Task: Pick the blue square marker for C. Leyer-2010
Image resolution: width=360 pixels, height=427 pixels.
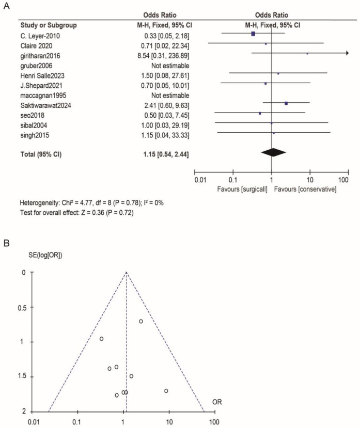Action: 253,34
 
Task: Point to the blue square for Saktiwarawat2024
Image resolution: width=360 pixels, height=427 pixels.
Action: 286,104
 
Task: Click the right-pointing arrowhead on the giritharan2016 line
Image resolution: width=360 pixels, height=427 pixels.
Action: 347,53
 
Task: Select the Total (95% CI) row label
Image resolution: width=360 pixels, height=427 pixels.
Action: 41,154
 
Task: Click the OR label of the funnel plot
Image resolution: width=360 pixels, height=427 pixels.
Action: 217,401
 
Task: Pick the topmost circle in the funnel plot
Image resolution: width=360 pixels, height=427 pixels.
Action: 140,321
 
